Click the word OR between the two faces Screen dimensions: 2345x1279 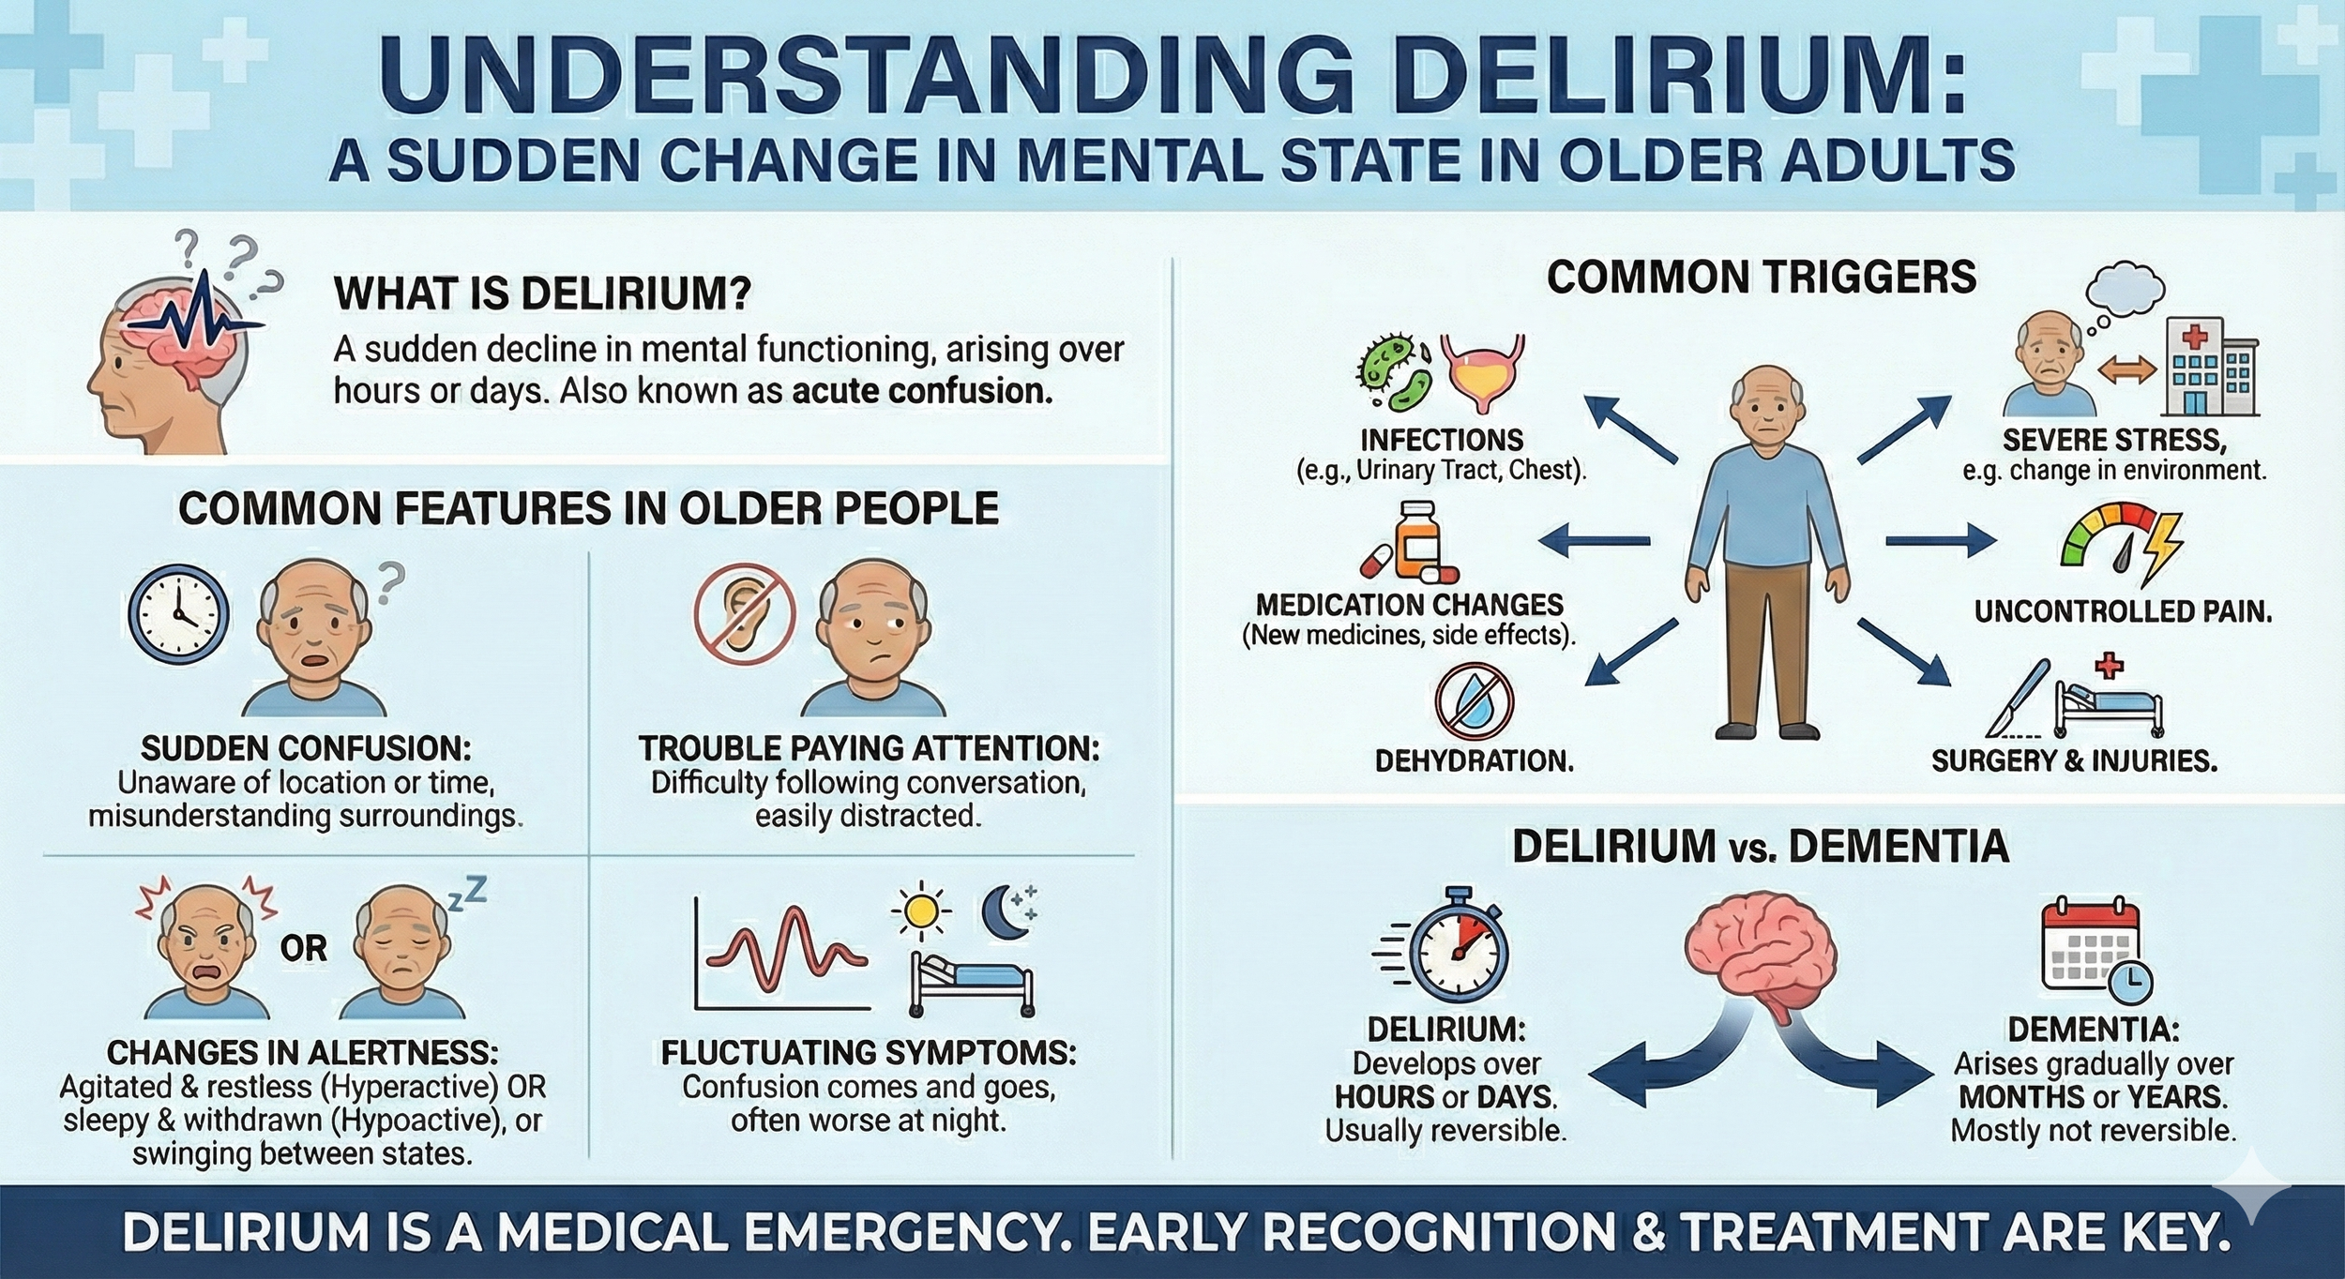pos(304,949)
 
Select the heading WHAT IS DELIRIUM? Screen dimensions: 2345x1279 pos(543,294)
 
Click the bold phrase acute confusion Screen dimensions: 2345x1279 pos(922,391)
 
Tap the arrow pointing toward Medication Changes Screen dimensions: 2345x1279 pos(1595,539)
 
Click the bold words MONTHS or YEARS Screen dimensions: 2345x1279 pos(2094,1097)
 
